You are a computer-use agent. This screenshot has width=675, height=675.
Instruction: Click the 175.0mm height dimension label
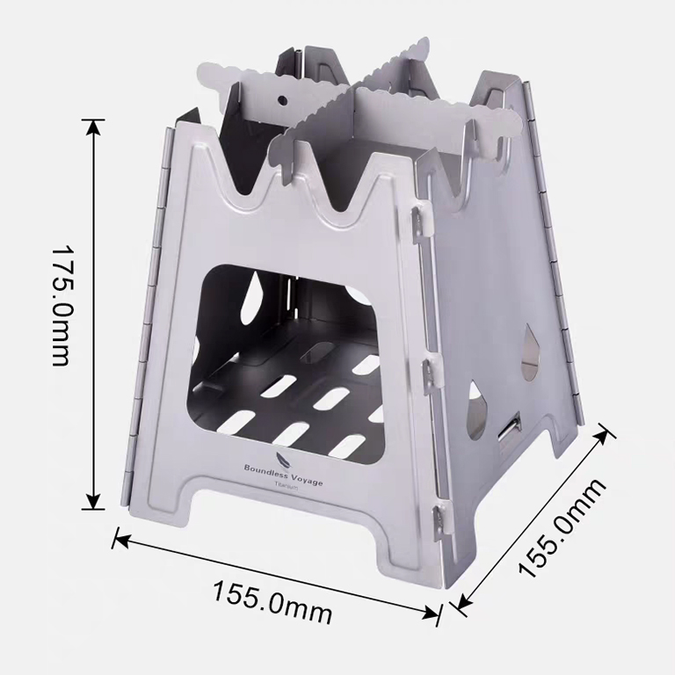(x=61, y=306)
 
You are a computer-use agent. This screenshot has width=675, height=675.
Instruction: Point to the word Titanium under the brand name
(x=287, y=485)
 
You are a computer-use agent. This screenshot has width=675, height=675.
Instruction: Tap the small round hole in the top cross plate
(x=282, y=100)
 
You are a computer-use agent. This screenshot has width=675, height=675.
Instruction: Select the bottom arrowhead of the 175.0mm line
(x=93, y=502)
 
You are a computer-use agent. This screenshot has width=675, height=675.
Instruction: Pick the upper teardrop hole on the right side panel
(x=530, y=352)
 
